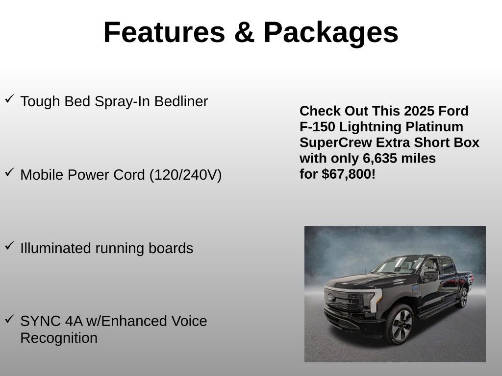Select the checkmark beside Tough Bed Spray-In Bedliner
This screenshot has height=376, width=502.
[9, 99]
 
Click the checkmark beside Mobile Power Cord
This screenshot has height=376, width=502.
[9, 172]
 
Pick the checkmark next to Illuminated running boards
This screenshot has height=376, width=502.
[9, 246]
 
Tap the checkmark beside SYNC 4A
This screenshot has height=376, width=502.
[9, 319]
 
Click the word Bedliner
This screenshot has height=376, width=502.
[181, 102]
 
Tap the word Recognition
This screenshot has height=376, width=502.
[59, 338]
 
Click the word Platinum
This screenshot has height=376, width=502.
[434, 127]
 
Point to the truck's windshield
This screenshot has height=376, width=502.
[397, 265]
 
